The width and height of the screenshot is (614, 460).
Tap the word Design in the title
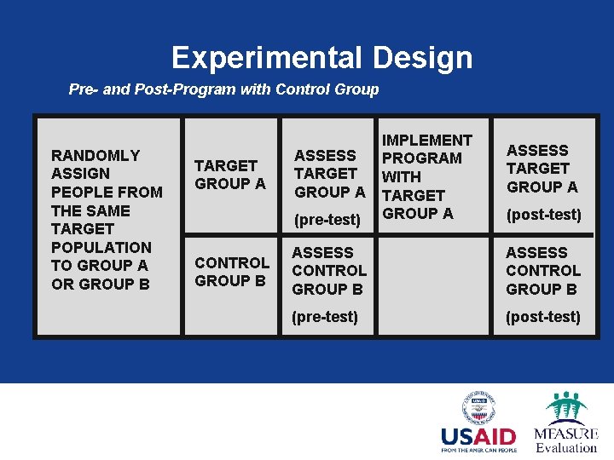[x=422, y=58]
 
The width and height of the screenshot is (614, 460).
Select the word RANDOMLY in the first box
[x=96, y=155]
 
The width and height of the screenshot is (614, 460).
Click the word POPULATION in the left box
[x=101, y=247]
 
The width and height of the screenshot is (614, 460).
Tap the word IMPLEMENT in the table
[x=426, y=140]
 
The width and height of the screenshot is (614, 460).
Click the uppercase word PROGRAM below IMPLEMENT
[x=421, y=158]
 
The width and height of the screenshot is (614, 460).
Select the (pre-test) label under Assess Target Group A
[x=327, y=220]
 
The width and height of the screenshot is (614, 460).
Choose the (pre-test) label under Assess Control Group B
[x=325, y=317]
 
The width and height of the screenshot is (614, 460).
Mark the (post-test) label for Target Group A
[x=543, y=215]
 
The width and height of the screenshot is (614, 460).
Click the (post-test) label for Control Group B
[x=542, y=317]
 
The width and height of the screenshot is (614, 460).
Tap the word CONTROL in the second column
[x=231, y=262]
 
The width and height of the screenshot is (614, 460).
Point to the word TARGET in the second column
[x=225, y=165]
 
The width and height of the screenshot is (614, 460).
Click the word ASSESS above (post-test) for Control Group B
[x=536, y=253]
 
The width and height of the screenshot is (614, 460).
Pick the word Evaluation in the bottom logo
[x=566, y=448]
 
